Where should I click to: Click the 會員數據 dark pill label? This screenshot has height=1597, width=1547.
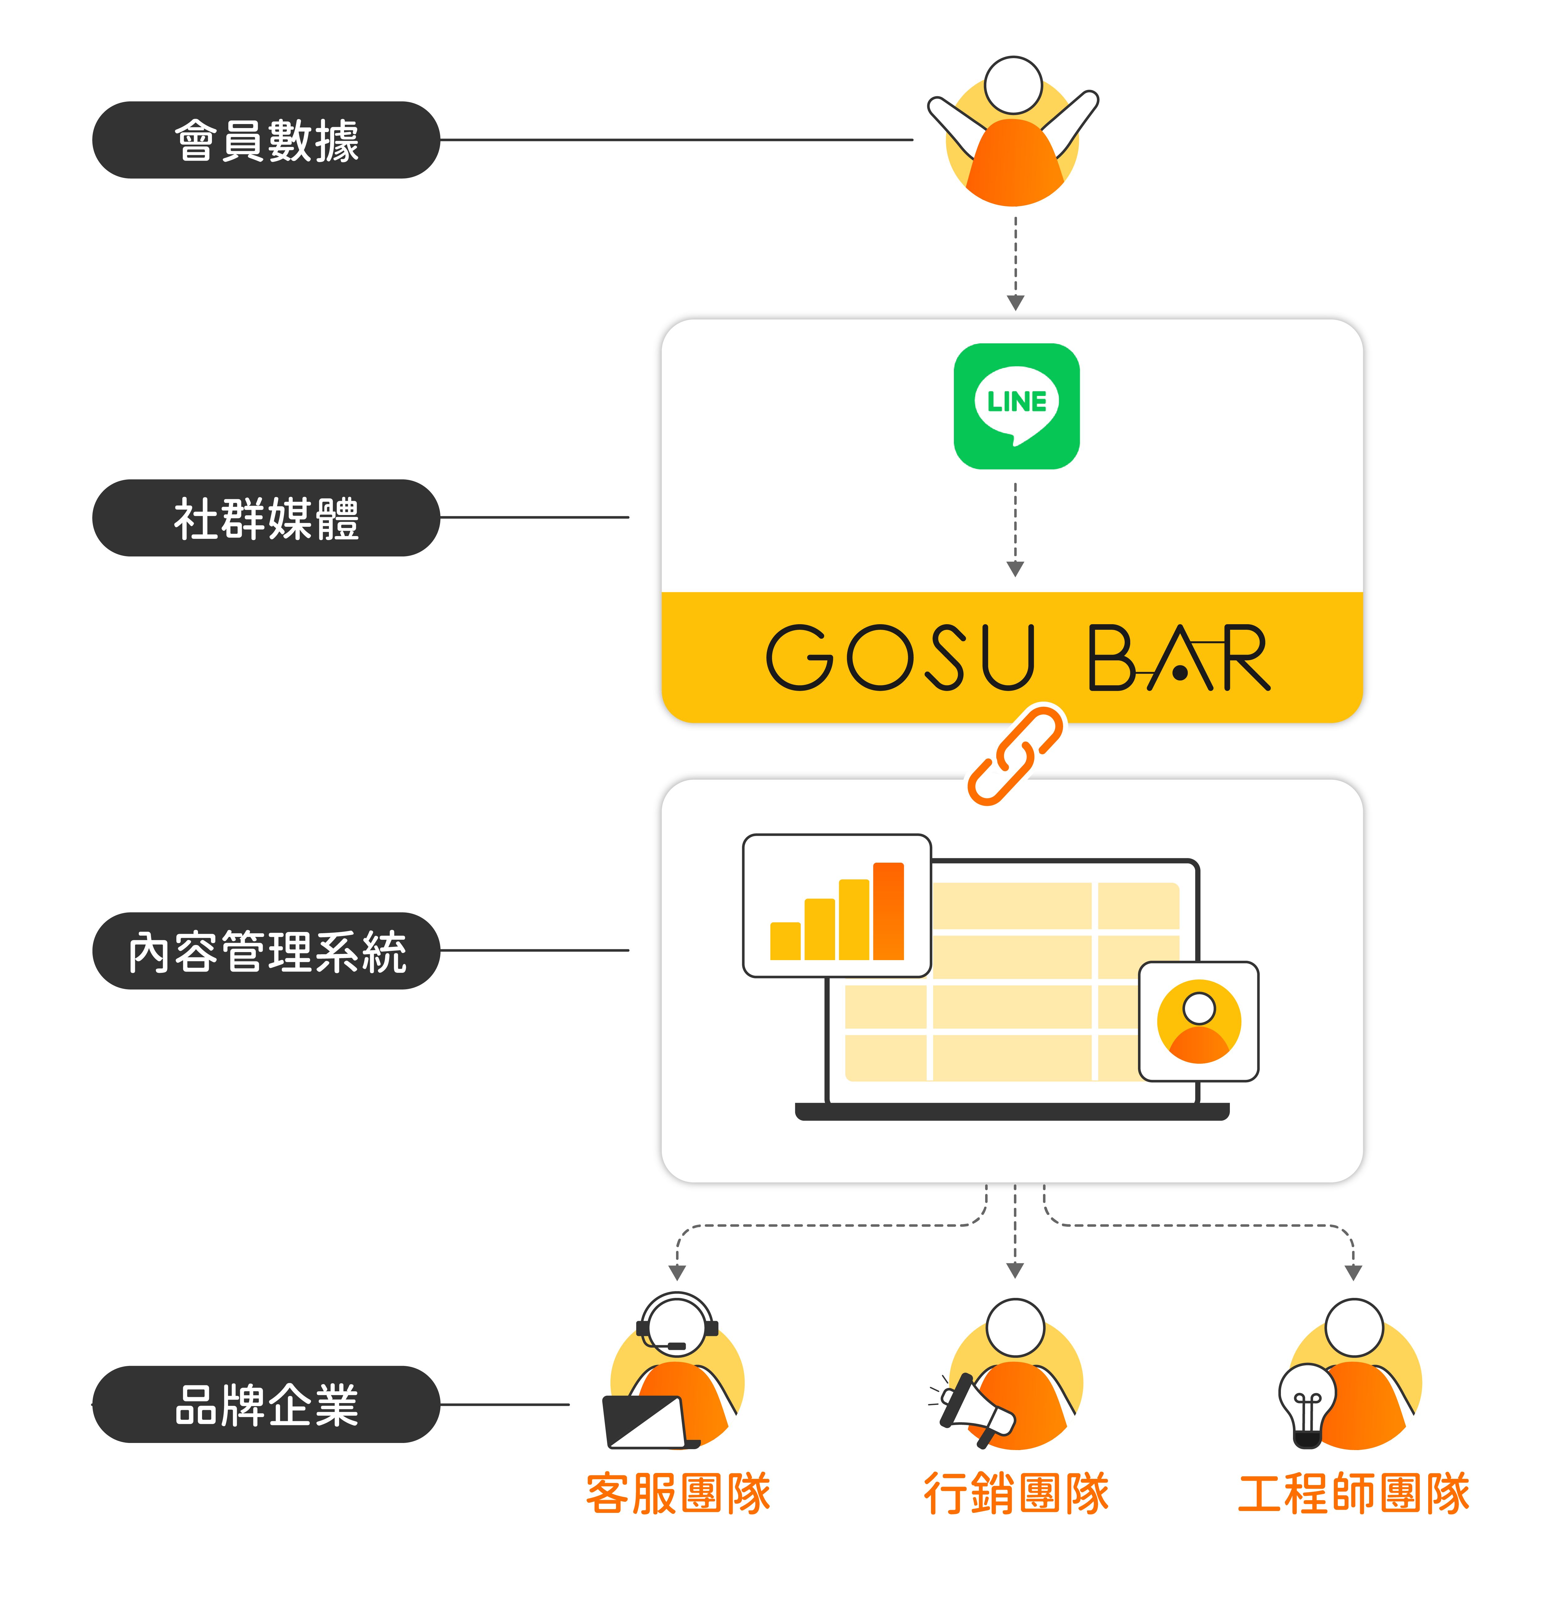click(266, 140)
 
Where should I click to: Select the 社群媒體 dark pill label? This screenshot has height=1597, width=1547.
click(266, 518)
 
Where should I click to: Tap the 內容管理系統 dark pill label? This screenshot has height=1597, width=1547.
click(266, 951)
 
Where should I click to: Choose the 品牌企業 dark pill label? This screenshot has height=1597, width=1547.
click(266, 1405)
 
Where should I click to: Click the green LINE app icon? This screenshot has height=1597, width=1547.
click(1016, 406)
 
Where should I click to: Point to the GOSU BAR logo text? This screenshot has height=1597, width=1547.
click(1016, 658)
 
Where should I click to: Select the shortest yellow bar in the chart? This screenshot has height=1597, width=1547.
click(785, 941)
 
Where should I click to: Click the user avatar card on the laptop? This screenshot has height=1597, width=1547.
click(1198, 1022)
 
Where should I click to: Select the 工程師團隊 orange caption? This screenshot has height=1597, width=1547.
click(1354, 1493)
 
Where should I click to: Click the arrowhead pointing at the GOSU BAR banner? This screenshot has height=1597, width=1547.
click(1015, 569)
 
